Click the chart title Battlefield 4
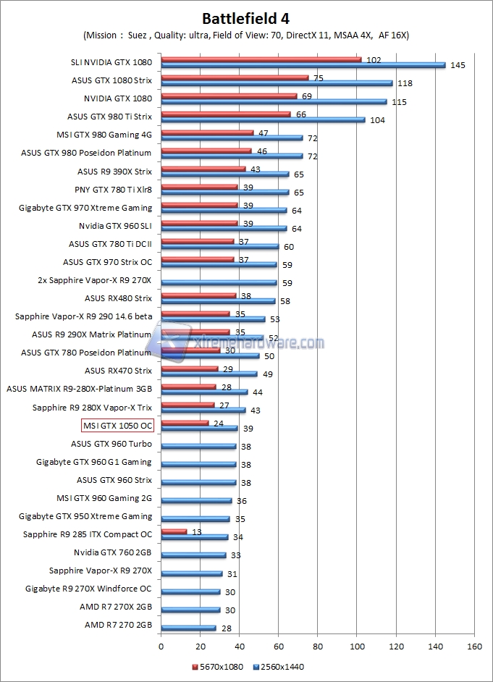[247, 18]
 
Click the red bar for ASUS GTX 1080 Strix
[235, 77]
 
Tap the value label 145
[457, 65]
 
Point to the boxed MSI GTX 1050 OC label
[117, 426]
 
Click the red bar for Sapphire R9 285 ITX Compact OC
[174, 531]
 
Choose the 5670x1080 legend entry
[218, 666]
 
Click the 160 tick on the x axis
[474, 647]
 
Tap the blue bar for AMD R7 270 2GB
[188, 628]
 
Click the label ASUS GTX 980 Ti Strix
[109, 116]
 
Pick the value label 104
[377, 119]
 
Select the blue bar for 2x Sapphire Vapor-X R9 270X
[219, 282]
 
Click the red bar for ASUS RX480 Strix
[198, 295]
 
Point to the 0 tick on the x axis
[161, 647]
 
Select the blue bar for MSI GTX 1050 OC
[199, 429]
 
